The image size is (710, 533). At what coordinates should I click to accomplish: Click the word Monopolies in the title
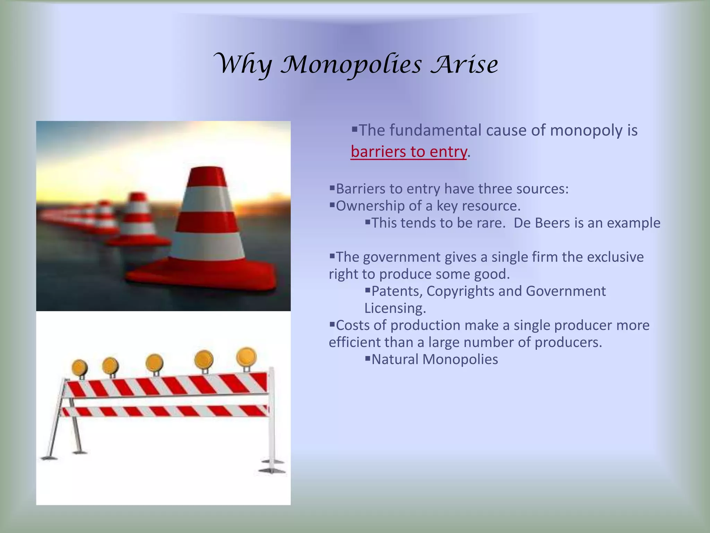coord(351,65)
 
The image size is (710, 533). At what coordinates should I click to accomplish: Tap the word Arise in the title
coord(464,65)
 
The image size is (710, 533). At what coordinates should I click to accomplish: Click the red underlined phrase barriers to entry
coord(409,152)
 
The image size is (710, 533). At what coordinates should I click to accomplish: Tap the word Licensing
coord(395,308)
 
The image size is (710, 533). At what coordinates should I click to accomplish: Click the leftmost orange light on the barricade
coord(80,367)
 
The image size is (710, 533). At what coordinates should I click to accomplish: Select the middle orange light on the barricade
coord(154,363)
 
